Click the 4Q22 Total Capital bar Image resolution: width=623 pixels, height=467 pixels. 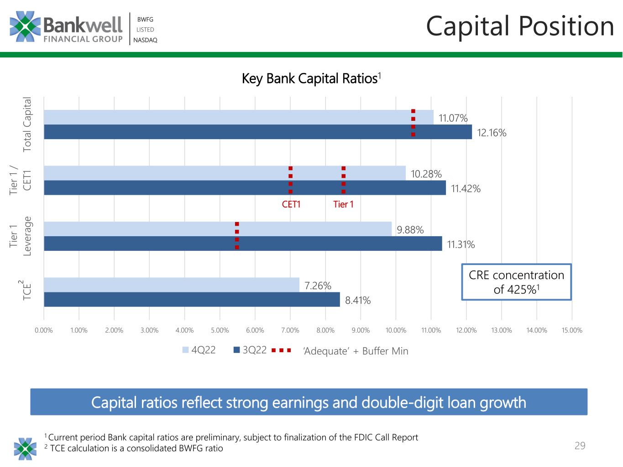tap(238, 117)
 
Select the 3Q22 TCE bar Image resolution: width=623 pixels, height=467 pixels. tap(192, 299)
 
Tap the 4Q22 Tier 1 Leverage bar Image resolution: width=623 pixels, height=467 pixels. tap(218, 229)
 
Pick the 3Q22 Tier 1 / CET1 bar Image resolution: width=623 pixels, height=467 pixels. tap(245, 187)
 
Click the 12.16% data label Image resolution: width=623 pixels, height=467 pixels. tap(492, 133)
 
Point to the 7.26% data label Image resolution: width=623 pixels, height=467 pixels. tap(318, 285)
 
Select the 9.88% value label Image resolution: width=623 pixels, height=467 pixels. tap(410, 230)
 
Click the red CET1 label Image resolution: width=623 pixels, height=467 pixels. tap(291, 204)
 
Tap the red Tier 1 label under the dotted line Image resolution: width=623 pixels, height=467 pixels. tap(343, 204)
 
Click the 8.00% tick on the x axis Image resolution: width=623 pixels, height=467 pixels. tap(325, 330)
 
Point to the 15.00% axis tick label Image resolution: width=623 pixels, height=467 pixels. tap(571, 330)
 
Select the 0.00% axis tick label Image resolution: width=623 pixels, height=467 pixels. tap(44, 330)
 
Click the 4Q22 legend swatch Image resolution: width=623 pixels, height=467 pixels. tap(185, 350)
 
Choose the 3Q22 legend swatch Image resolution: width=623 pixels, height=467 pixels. tap(236, 350)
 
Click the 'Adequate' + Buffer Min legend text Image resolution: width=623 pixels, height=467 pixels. tap(356, 351)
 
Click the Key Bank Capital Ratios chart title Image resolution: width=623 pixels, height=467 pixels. tap(311, 78)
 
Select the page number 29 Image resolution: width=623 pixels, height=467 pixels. tap(580, 446)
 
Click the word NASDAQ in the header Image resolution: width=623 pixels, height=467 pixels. tap(145, 40)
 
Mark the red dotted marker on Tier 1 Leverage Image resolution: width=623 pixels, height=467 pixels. tap(237, 236)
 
